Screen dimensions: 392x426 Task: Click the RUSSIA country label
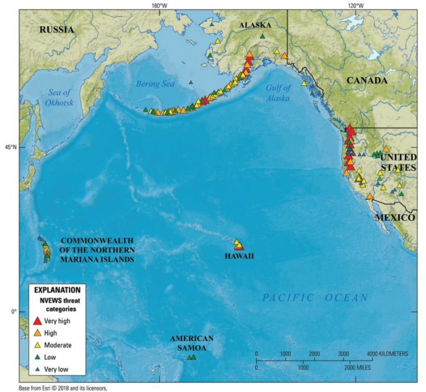tap(57, 29)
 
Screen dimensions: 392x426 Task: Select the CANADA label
tap(366, 80)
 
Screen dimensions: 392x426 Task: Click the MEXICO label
tap(395, 218)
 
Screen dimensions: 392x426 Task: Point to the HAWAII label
tap(239, 256)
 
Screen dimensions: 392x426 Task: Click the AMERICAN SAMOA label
tap(192, 343)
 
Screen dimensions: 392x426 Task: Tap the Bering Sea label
tap(156, 84)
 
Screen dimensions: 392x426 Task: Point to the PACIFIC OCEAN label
tap(315, 298)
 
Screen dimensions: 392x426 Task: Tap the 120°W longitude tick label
tap(355, 5)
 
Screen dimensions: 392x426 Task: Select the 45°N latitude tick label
tap(11, 147)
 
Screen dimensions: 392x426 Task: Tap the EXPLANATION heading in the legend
tap(57, 290)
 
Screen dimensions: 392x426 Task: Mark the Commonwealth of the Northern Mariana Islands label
tap(97, 250)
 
